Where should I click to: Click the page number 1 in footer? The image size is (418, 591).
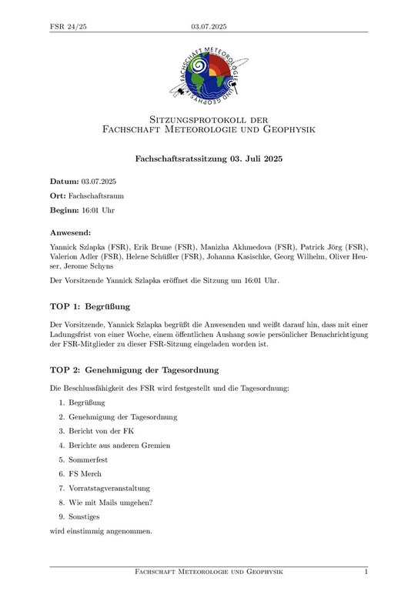[x=366, y=572]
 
